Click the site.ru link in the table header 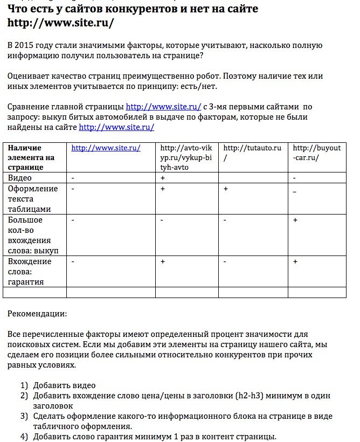[x=106, y=148]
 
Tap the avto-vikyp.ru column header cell [x=187, y=157]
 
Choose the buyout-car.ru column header [x=316, y=153]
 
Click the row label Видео [x=20, y=178]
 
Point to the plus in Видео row [x=163, y=178]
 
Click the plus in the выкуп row [x=295, y=220]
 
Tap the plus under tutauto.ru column [x=226, y=189]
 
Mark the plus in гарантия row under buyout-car [x=295, y=261]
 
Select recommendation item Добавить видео [x=64, y=385]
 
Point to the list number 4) [x=24, y=437]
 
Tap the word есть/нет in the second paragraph [x=200, y=87]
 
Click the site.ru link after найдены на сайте [x=116, y=127]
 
